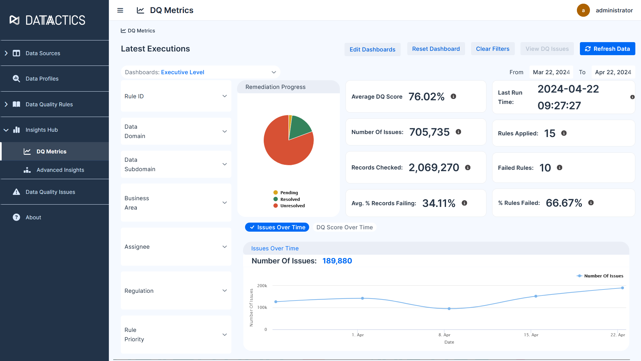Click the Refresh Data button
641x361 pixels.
click(x=607, y=49)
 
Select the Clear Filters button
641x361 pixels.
click(x=492, y=49)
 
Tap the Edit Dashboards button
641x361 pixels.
click(x=372, y=49)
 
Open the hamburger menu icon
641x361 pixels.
click(x=120, y=10)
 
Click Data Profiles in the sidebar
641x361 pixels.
click(x=42, y=79)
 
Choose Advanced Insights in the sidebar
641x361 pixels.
click(x=60, y=170)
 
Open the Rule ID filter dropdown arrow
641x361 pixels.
click(x=225, y=96)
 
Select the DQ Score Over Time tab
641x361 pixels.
click(x=344, y=227)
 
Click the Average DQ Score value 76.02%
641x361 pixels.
click(x=426, y=97)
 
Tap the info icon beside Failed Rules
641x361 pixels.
click(x=560, y=167)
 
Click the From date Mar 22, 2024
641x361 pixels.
click(x=551, y=72)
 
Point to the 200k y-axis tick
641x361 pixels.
click(x=262, y=286)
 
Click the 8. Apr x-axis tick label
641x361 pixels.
click(x=444, y=335)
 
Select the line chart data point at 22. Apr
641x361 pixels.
click(x=622, y=288)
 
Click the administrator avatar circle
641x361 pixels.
click(x=583, y=10)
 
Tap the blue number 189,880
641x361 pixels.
click(x=337, y=261)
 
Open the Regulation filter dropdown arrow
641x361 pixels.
click(x=225, y=291)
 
